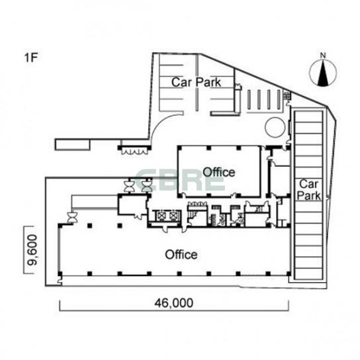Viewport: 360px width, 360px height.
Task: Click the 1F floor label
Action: click(x=30, y=58)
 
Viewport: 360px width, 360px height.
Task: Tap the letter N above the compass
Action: click(x=323, y=56)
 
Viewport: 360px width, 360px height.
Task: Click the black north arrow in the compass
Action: click(x=323, y=73)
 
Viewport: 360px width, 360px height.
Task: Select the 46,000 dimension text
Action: click(x=174, y=303)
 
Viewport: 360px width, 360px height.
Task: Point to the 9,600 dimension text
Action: click(x=31, y=249)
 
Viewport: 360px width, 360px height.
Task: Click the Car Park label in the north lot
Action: click(x=197, y=82)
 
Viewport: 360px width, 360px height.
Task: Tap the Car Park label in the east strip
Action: click(x=308, y=190)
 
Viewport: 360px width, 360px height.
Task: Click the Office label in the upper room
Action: click(x=219, y=172)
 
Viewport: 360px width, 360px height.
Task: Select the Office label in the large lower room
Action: click(x=181, y=255)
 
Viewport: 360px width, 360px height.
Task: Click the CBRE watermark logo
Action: click(x=180, y=181)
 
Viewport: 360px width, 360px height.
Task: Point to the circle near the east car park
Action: click(x=275, y=127)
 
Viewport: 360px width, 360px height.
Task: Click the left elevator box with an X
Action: click(x=161, y=216)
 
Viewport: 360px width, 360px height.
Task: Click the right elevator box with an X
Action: click(x=173, y=216)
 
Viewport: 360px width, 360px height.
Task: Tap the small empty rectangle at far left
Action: click(x=73, y=145)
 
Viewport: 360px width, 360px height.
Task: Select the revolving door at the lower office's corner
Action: click(x=72, y=218)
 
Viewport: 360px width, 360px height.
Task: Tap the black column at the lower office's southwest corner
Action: click(x=60, y=274)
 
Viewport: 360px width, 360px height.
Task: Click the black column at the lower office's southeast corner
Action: click(x=289, y=274)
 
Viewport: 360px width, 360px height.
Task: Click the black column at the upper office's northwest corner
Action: click(x=179, y=148)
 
